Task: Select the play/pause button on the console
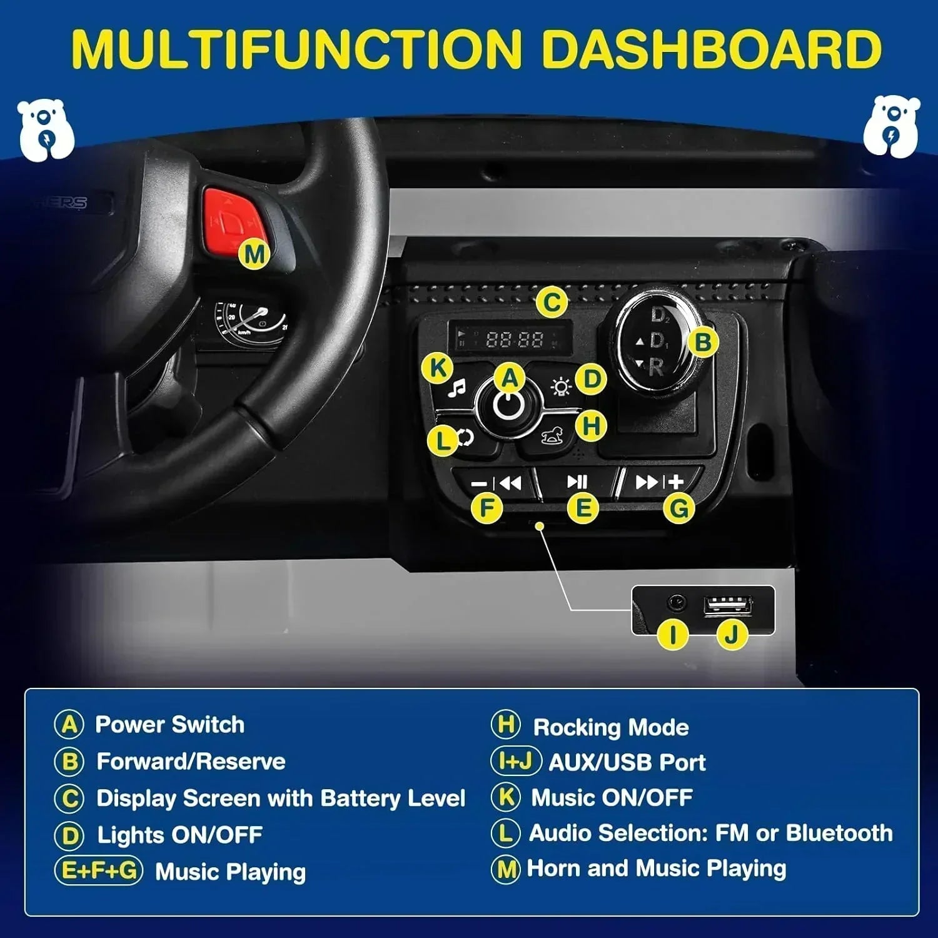[577, 482]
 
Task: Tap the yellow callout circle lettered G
[679, 508]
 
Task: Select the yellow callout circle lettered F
[488, 508]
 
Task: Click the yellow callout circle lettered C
[552, 303]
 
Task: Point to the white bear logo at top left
[46, 129]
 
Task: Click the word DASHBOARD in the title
[710, 49]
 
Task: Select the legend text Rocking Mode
[611, 727]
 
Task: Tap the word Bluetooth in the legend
[839, 833]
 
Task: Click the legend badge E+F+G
[99, 870]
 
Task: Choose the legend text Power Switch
[169, 725]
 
